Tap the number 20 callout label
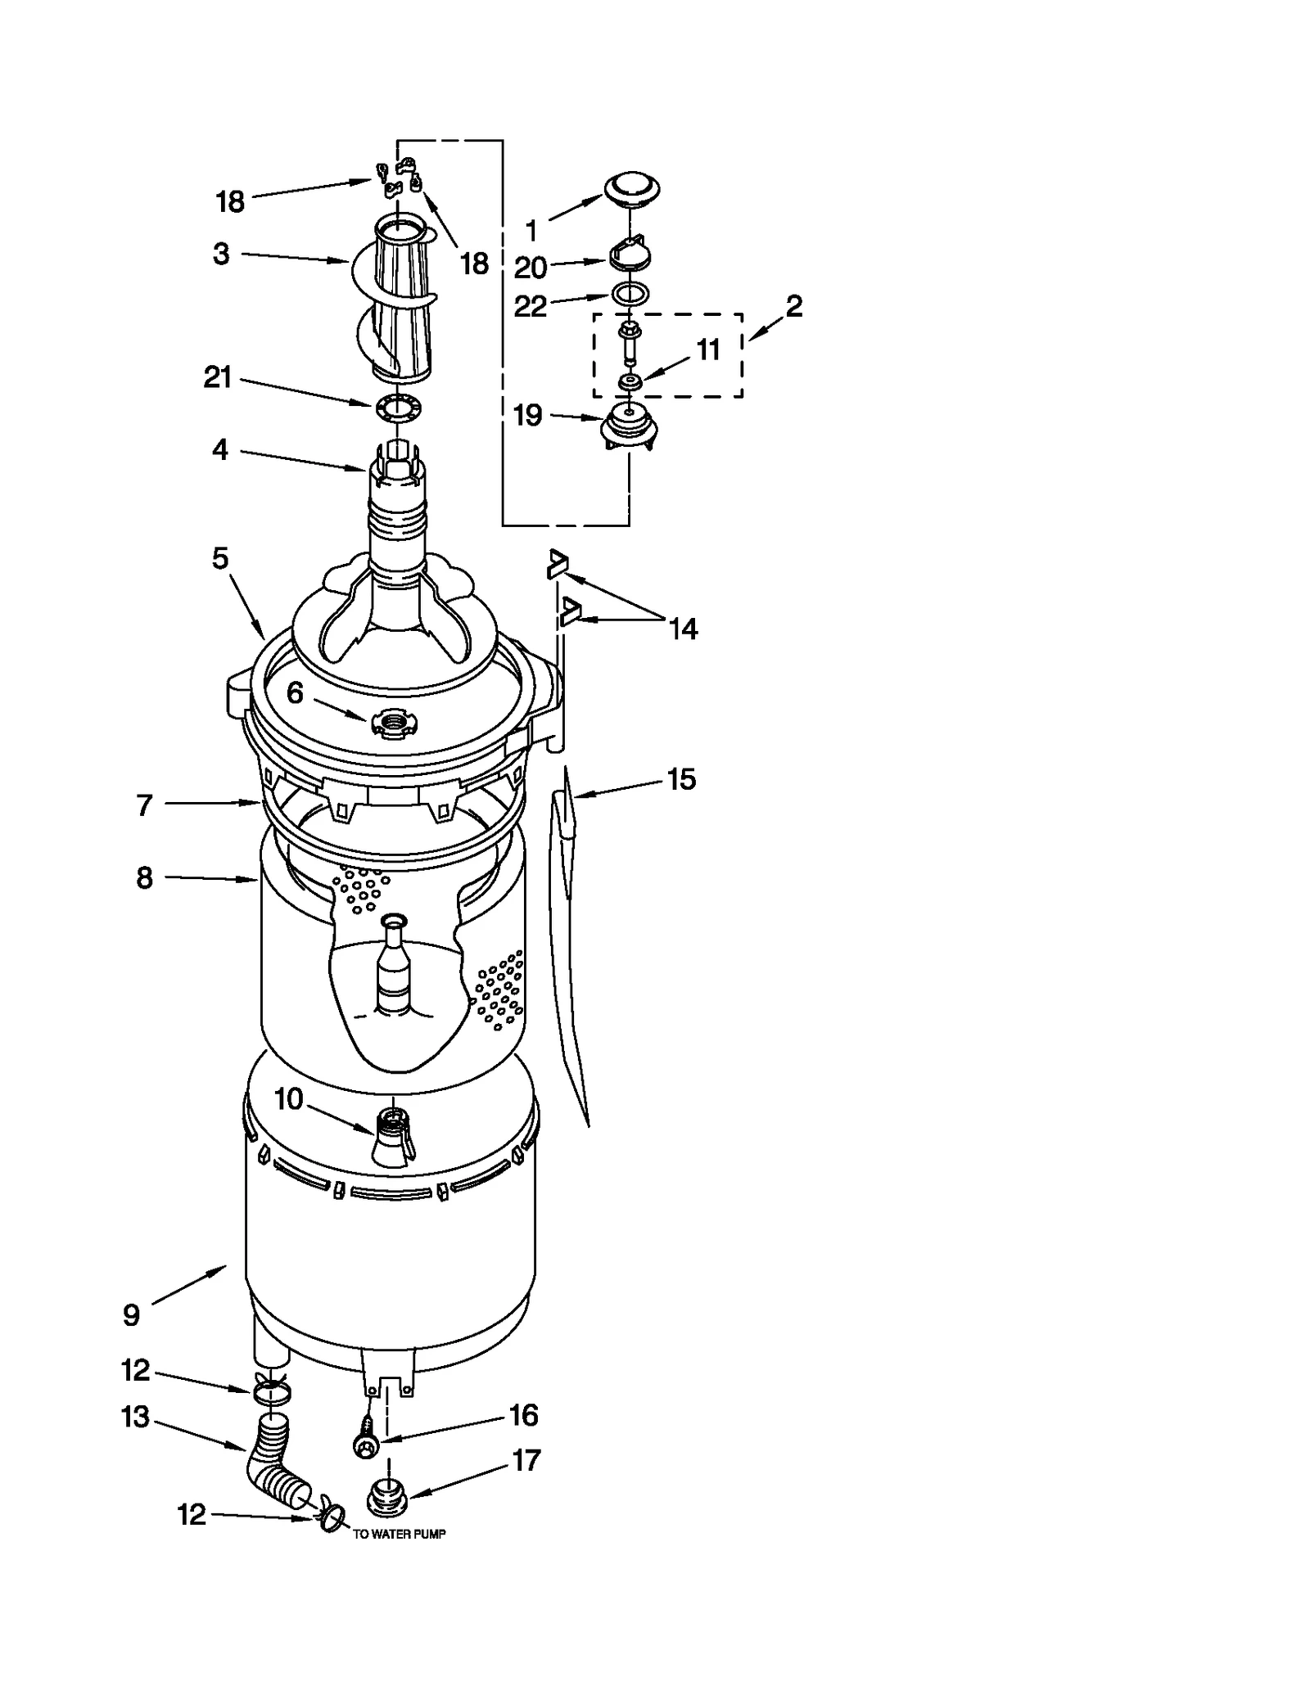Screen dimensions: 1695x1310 coord(530,268)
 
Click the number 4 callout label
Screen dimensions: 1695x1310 coord(219,449)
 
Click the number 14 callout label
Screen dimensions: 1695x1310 coord(683,629)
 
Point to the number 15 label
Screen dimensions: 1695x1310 coord(681,779)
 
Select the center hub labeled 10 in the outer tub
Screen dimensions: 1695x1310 coord(394,1136)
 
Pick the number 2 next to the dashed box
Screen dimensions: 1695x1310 coord(793,306)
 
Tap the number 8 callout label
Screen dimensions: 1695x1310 coord(144,878)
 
